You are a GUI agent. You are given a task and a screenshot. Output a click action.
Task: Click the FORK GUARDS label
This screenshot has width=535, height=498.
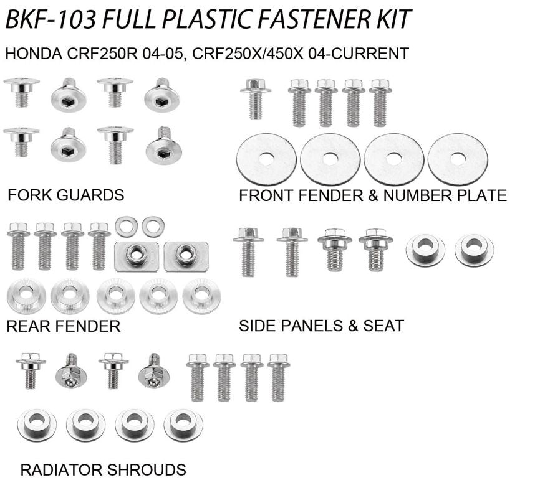click(65, 195)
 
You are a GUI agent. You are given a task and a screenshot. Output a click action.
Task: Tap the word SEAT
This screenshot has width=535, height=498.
click(382, 326)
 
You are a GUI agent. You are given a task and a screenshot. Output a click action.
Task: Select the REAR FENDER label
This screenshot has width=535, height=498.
click(63, 326)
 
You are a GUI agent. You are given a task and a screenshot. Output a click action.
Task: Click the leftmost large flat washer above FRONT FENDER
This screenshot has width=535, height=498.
click(267, 159)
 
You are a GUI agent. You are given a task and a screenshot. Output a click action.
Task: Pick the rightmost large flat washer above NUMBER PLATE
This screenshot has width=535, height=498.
click(458, 159)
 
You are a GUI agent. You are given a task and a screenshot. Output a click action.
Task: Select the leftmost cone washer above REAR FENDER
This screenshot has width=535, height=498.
click(27, 296)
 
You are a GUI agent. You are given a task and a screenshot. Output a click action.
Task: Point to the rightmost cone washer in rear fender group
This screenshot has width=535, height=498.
click(201, 296)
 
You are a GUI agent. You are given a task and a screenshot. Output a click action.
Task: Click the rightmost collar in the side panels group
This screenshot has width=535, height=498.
click(474, 249)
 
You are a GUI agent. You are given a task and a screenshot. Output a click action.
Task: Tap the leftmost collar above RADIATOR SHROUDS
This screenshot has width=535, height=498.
click(37, 425)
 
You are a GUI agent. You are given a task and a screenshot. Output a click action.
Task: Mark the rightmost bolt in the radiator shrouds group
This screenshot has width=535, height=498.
click(278, 377)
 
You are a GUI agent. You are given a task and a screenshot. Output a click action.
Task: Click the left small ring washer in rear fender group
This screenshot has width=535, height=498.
click(126, 226)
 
